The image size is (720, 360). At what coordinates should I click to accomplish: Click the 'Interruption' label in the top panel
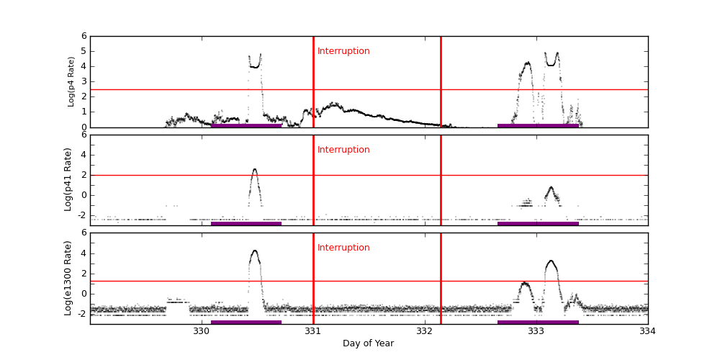click(x=343, y=51)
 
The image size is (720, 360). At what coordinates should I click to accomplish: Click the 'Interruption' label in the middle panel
click(x=343, y=150)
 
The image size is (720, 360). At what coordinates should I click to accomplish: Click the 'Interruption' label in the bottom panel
click(x=343, y=248)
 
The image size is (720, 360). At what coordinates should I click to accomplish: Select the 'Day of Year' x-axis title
click(x=368, y=343)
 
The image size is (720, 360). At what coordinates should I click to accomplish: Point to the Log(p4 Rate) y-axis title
click(x=71, y=81)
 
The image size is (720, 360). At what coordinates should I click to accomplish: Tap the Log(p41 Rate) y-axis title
click(x=68, y=179)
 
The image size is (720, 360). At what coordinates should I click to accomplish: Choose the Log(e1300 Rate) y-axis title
click(x=68, y=278)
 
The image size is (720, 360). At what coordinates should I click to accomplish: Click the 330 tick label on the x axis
click(x=202, y=331)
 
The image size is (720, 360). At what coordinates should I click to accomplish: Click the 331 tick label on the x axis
click(x=312, y=331)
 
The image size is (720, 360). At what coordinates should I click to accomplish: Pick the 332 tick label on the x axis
click(x=424, y=331)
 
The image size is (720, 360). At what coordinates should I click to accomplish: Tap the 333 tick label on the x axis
click(x=536, y=331)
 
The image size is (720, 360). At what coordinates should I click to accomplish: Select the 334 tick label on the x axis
click(x=647, y=331)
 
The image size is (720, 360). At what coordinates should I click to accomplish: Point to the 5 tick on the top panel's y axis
click(x=84, y=51)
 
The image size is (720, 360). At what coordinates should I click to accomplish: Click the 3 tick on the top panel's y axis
click(x=84, y=81)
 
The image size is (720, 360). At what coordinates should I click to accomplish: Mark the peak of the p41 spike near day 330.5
click(x=254, y=169)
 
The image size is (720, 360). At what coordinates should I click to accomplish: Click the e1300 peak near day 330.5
click(x=254, y=251)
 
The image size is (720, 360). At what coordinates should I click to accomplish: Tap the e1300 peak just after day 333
click(x=551, y=261)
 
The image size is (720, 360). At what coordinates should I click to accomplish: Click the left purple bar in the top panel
click(x=246, y=125)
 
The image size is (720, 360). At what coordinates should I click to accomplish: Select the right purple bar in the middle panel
click(x=538, y=223)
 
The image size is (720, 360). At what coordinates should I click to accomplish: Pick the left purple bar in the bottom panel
click(x=246, y=322)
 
